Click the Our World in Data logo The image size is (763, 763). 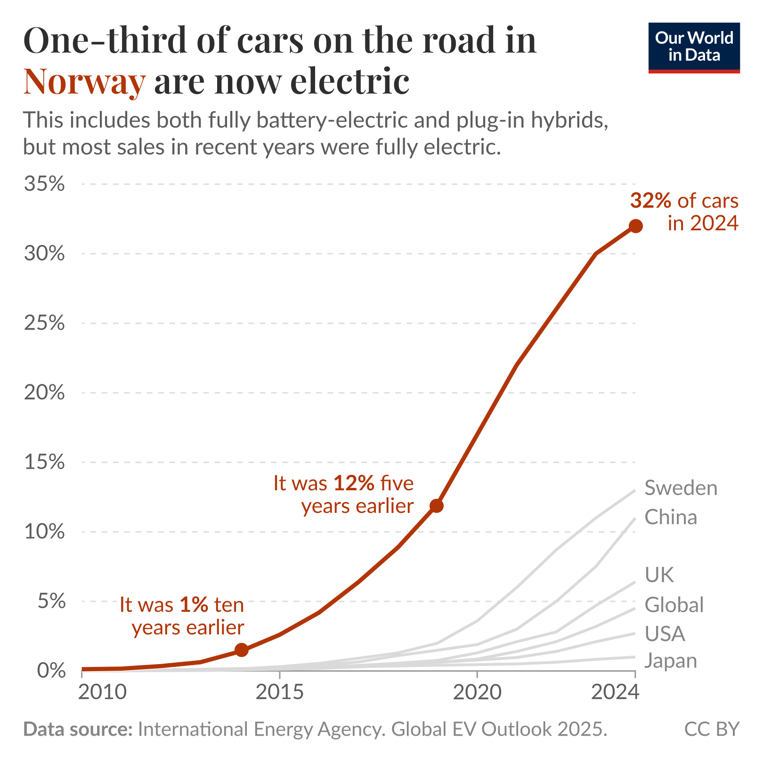[694, 47]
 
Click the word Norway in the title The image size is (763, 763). [84, 81]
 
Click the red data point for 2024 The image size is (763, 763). [635, 226]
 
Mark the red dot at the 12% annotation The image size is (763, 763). [437, 506]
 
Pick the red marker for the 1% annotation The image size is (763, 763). [241, 650]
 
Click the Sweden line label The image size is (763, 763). [681, 488]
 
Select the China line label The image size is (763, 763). [670, 517]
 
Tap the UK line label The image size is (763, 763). [659, 575]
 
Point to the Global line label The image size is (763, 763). [674, 605]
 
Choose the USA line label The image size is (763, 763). [665, 634]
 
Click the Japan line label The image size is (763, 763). [670, 661]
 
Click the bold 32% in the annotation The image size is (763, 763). [650, 201]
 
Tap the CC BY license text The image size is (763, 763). [711, 729]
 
